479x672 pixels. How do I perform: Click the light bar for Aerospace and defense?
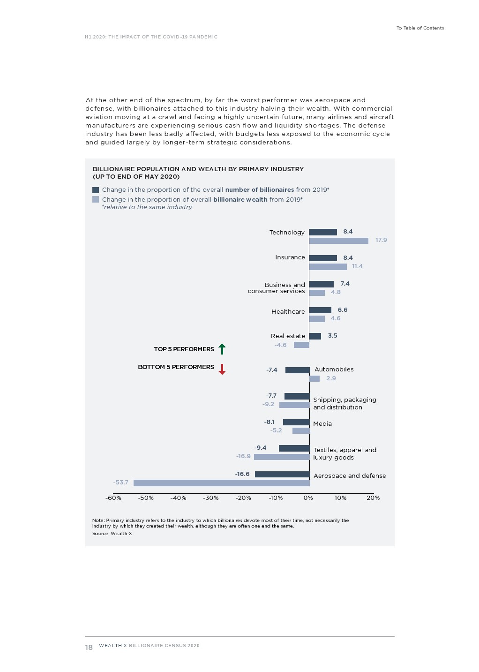(x=221, y=483)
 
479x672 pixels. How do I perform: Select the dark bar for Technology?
(x=323, y=232)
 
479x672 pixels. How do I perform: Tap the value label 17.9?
(x=381, y=240)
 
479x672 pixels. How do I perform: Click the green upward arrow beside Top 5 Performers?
(x=222, y=349)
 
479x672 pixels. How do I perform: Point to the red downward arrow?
(x=222, y=369)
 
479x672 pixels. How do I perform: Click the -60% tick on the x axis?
(x=113, y=498)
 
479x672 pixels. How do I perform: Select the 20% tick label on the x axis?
(x=373, y=498)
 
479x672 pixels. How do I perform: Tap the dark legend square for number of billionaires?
(x=96, y=190)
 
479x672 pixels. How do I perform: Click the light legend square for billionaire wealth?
(x=96, y=199)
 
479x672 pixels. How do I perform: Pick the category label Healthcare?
(x=288, y=312)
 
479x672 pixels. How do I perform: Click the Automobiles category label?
(x=334, y=370)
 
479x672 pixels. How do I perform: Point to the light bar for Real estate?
(x=301, y=345)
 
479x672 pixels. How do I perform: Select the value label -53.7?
(x=120, y=483)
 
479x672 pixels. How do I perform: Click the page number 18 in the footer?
(x=89, y=648)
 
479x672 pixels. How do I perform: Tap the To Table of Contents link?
(x=420, y=28)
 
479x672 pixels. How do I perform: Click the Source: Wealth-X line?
(x=112, y=534)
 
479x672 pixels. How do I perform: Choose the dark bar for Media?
(x=296, y=423)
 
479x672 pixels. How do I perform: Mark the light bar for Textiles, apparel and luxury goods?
(x=282, y=457)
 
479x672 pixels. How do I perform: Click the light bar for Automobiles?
(x=314, y=378)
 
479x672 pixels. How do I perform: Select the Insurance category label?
(x=290, y=257)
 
